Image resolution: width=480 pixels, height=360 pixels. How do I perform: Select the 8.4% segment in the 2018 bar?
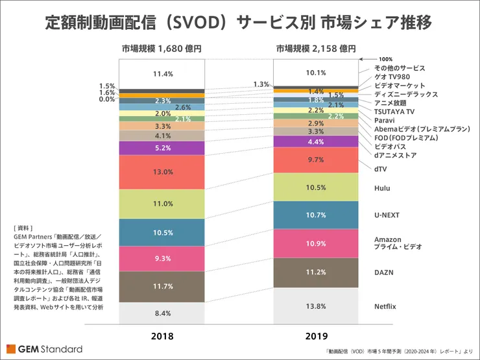click(x=162, y=313)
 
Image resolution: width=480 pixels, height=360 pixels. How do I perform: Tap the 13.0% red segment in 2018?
click(x=162, y=172)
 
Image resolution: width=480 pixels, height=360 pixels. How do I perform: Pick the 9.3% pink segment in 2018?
click(x=162, y=258)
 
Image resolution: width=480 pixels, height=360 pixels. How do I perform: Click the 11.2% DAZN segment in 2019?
click(x=316, y=272)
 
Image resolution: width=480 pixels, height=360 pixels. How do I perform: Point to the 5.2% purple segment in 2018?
click(x=162, y=148)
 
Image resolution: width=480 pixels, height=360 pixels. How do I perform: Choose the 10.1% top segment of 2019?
click(x=316, y=72)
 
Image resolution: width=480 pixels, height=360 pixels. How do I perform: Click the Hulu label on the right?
click(x=382, y=187)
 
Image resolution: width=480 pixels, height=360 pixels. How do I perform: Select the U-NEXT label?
click(x=387, y=213)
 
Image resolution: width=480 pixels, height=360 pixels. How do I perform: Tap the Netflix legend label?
click(x=387, y=305)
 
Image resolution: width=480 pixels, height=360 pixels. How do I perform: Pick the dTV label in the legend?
click(x=381, y=168)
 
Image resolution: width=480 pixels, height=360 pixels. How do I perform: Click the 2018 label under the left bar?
click(x=162, y=336)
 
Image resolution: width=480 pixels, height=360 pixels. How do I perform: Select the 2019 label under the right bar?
click(x=316, y=336)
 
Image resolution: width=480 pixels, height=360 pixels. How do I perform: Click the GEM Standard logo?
click(x=45, y=349)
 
